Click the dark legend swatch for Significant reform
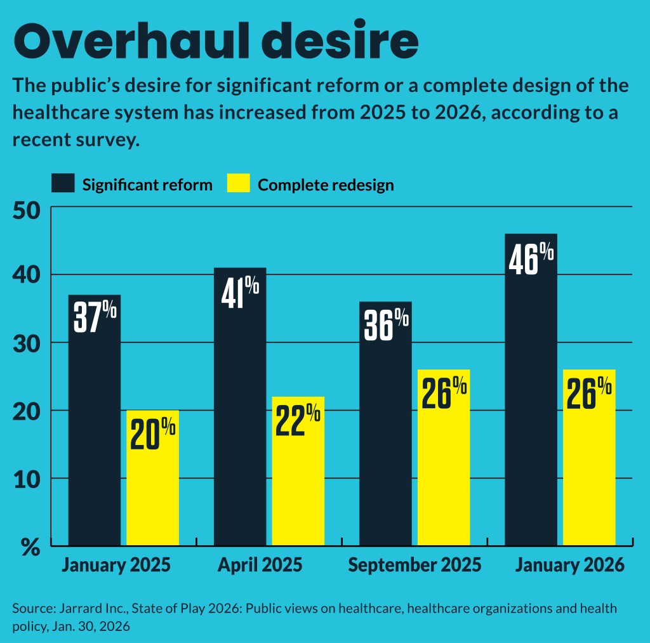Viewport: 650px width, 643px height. click(63, 183)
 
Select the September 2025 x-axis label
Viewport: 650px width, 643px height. click(415, 565)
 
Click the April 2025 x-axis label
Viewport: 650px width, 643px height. click(260, 565)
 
